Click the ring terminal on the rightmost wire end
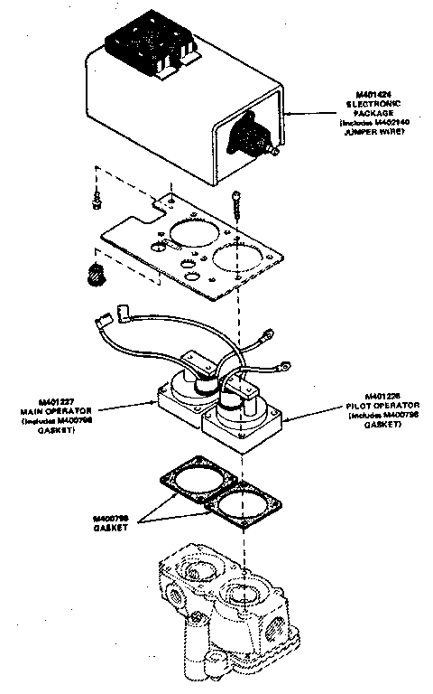coord(285,367)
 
